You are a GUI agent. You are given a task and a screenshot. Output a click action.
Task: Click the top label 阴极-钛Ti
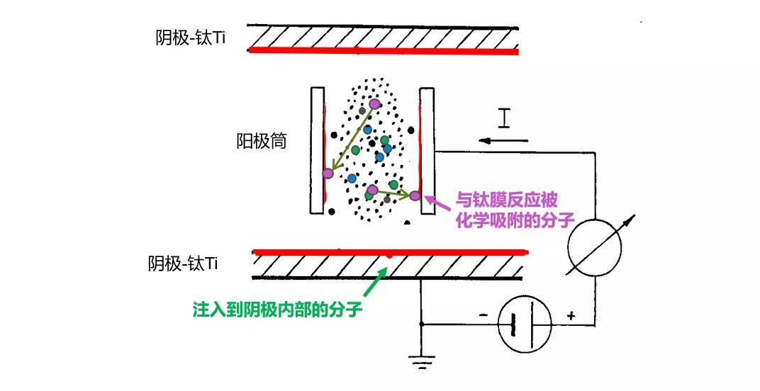(190, 38)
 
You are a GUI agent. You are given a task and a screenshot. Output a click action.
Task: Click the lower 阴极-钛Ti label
(183, 264)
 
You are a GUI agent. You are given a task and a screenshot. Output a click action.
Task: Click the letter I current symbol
(503, 118)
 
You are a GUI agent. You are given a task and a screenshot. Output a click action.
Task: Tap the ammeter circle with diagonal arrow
(594, 248)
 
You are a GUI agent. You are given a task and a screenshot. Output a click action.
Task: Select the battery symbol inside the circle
(525, 324)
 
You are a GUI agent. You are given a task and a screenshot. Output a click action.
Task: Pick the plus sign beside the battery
(571, 315)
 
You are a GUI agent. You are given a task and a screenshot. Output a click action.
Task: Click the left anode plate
(317, 150)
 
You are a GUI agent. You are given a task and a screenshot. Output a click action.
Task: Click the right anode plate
(427, 150)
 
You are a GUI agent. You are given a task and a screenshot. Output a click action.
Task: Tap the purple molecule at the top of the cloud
(374, 104)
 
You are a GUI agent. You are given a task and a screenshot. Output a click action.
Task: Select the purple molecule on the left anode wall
(328, 173)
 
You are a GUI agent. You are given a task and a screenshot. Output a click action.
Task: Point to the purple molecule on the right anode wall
(415, 195)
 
